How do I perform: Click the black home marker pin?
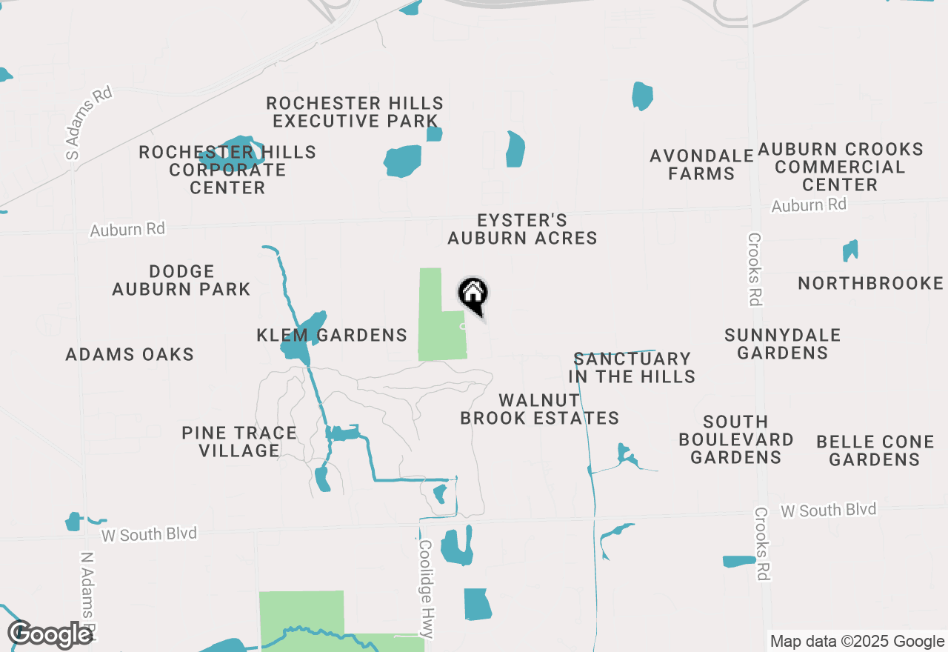tap(473, 296)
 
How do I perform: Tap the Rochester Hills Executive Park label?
tap(355, 112)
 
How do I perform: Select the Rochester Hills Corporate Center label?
tap(227, 170)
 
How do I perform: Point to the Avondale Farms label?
tap(701, 164)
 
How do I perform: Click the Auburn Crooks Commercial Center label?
tap(840, 167)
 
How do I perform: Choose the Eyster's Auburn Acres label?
tap(522, 229)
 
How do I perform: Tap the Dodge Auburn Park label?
tap(181, 280)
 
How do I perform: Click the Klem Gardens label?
tap(332, 336)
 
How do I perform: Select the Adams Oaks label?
tap(130, 354)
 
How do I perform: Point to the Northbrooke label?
tap(870, 283)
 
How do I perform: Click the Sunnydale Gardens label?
tap(782, 344)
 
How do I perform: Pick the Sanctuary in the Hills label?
tap(632, 367)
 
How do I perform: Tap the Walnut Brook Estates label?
tap(539, 409)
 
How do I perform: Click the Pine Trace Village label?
tap(238, 442)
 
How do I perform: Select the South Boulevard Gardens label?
tap(735, 439)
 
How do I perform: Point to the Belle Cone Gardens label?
tap(874, 450)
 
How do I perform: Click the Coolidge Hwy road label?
tap(426, 588)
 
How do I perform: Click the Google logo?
tap(50, 634)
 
